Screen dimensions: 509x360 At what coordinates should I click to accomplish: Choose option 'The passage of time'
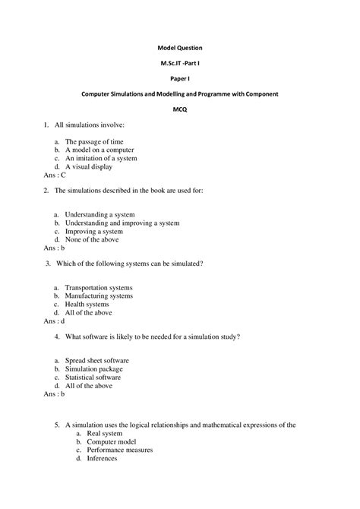coord(93,141)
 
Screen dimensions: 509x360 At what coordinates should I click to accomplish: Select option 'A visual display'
coord(90,166)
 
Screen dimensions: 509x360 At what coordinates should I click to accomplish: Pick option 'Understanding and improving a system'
coord(122,223)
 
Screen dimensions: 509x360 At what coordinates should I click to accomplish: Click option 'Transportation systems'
coord(98,288)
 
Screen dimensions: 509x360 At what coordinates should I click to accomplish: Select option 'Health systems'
coord(87,304)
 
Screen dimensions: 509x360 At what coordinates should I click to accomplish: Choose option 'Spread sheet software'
coord(96,360)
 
